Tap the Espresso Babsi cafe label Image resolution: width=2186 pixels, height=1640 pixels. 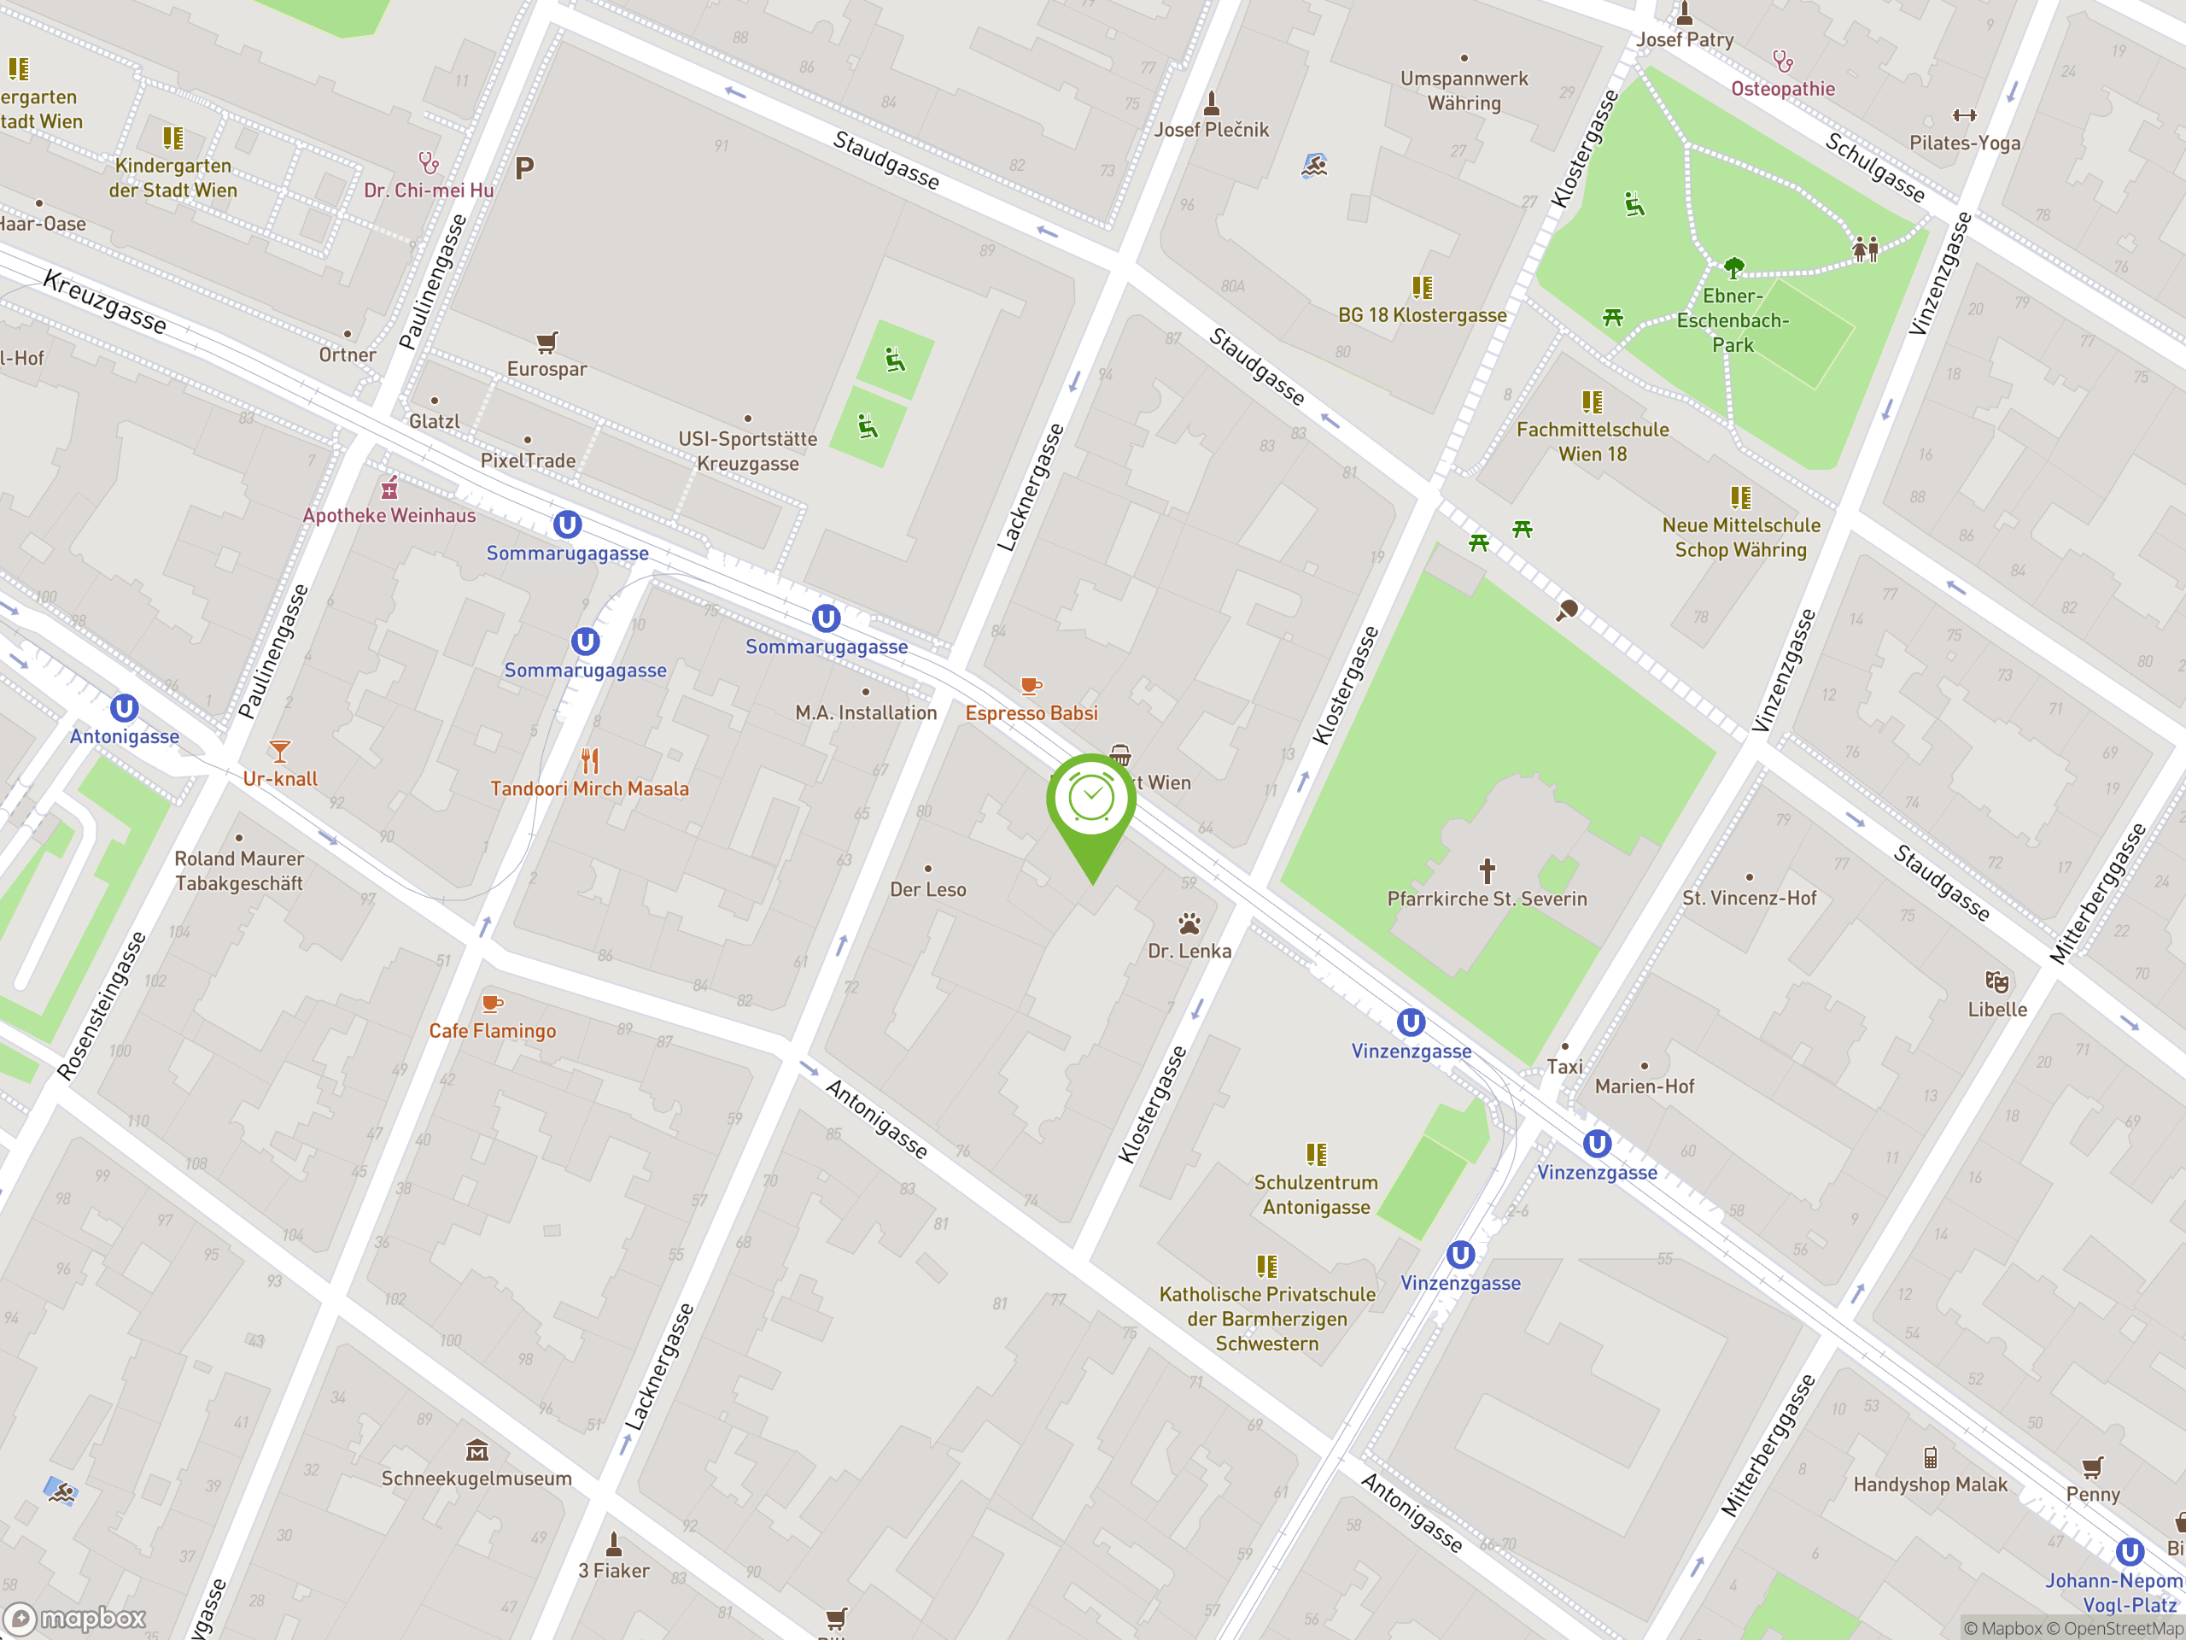(x=1031, y=712)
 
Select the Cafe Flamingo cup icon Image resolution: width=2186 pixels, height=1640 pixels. (x=491, y=1004)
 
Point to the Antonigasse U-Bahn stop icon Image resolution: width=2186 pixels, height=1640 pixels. (x=124, y=709)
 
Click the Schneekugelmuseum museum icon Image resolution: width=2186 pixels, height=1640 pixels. (x=477, y=1450)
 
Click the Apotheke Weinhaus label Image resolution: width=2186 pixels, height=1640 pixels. (x=389, y=515)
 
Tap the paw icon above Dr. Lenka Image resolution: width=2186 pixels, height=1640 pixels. (x=1189, y=924)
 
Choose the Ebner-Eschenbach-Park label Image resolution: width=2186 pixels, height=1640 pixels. (x=1733, y=320)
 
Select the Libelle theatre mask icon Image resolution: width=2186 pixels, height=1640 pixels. (x=1996, y=981)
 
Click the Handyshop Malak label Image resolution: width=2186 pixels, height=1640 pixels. (x=1929, y=1484)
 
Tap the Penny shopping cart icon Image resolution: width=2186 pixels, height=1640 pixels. (x=2092, y=1467)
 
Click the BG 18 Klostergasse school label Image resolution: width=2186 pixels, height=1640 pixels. (x=1421, y=315)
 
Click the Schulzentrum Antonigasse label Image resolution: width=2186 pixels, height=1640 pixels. (x=1315, y=1194)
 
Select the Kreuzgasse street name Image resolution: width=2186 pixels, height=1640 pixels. (x=105, y=302)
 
